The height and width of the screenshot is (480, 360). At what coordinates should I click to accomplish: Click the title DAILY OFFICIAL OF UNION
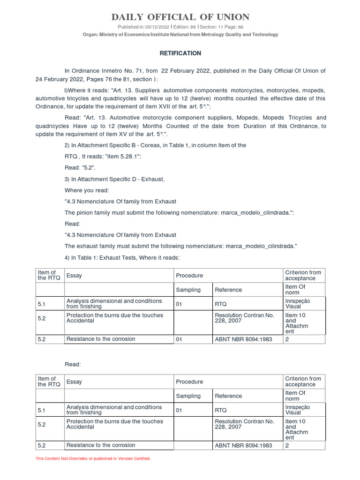(x=180, y=17)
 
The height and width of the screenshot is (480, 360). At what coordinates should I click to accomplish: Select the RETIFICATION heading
(x=180, y=53)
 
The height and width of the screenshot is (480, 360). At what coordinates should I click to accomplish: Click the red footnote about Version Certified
(x=93, y=458)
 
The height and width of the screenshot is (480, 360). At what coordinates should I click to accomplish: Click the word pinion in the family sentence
(x=84, y=212)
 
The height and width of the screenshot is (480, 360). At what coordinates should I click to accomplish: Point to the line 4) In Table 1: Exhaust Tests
(x=122, y=257)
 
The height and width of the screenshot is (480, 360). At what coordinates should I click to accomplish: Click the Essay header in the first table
(x=74, y=276)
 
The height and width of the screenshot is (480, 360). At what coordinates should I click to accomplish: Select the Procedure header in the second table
(x=189, y=382)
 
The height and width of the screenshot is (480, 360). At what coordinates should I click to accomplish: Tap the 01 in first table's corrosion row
(x=179, y=339)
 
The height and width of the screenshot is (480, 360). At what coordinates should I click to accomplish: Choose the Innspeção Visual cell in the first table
(x=297, y=304)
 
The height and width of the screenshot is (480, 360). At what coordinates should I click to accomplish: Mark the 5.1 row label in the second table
(x=42, y=410)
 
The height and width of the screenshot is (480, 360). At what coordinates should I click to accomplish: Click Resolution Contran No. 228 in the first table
(x=244, y=318)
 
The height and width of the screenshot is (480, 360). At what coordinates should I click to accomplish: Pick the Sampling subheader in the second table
(x=188, y=396)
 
